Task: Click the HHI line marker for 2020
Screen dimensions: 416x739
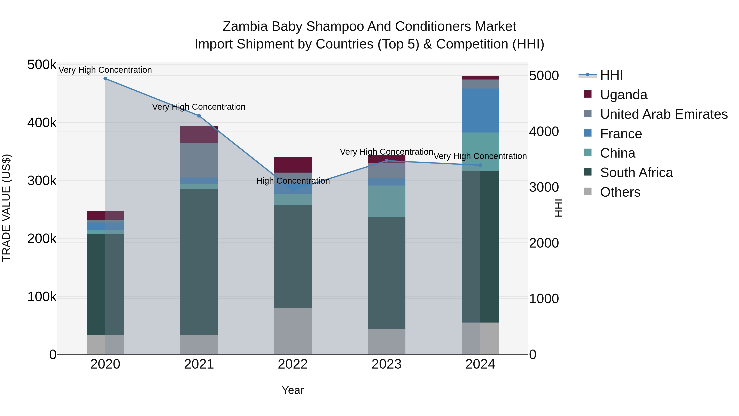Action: [x=105, y=79]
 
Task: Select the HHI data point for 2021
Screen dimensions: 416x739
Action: [x=199, y=116]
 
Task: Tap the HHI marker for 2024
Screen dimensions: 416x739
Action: [x=480, y=165]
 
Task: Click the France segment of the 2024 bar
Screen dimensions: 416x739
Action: [x=480, y=111]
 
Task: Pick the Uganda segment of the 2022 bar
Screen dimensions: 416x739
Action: [x=293, y=165]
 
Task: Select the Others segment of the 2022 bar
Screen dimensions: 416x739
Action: [x=293, y=331]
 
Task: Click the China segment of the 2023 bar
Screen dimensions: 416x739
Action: [x=386, y=201]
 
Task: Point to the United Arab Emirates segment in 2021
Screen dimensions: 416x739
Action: [x=199, y=160]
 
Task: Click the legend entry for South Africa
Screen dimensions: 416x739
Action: [x=636, y=173]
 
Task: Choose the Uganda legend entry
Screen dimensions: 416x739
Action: [x=623, y=95]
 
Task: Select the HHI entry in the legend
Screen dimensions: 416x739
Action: [x=611, y=75]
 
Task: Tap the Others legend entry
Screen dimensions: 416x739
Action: [x=620, y=192]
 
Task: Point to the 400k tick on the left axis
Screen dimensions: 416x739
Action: [x=42, y=123]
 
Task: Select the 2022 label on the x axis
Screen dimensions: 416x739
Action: [x=293, y=364]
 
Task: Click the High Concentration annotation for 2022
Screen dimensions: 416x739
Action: [x=293, y=181]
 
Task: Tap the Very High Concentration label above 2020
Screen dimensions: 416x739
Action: [x=105, y=70]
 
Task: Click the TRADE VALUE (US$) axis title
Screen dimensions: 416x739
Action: [x=7, y=208]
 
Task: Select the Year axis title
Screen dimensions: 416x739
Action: [x=293, y=390]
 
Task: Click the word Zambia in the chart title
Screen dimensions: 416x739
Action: [x=246, y=27]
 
